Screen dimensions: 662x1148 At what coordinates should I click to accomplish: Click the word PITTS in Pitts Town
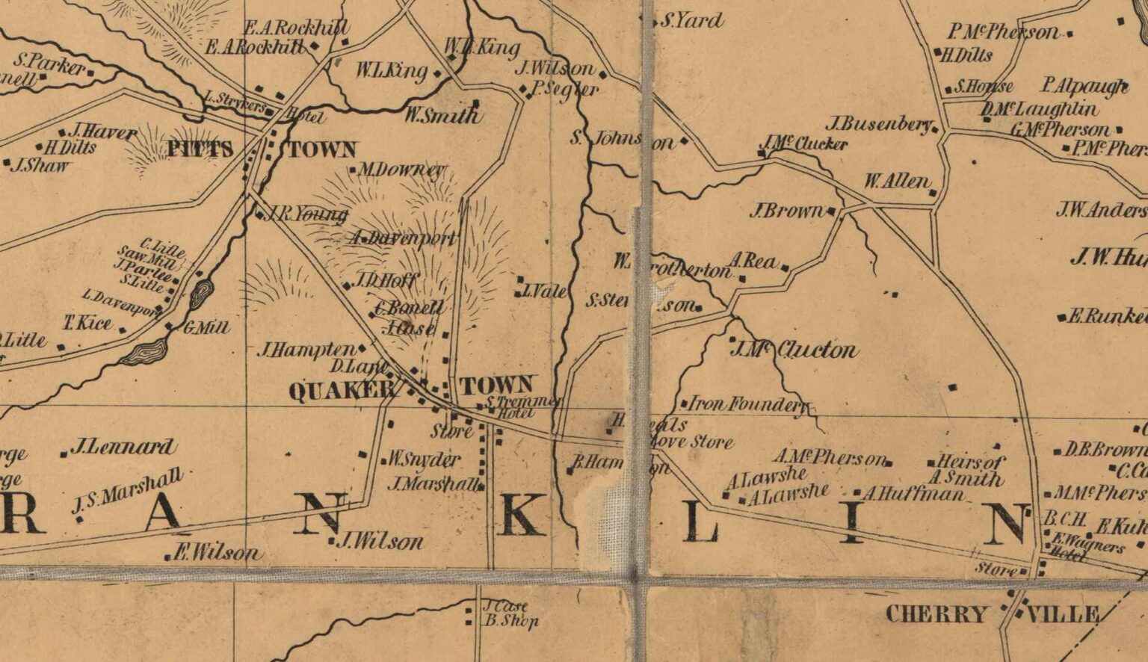coord(200,149)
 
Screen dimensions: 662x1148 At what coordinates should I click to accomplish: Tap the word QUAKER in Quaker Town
coord(341,392)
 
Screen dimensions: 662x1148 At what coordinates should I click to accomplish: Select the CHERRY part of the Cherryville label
coord(936,615)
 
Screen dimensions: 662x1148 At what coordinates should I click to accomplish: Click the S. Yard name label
coord(691,21)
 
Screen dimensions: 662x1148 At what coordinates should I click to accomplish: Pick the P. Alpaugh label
coord(1084,87)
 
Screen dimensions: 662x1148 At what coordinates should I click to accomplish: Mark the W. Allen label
coord(897,182)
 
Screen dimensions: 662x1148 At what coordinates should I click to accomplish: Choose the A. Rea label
coord(753,261)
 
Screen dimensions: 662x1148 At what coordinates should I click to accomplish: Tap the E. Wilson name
coord(217,554)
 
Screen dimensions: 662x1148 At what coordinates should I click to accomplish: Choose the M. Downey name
coord(401,170)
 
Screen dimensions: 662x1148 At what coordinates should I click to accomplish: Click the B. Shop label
coord(510,621)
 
